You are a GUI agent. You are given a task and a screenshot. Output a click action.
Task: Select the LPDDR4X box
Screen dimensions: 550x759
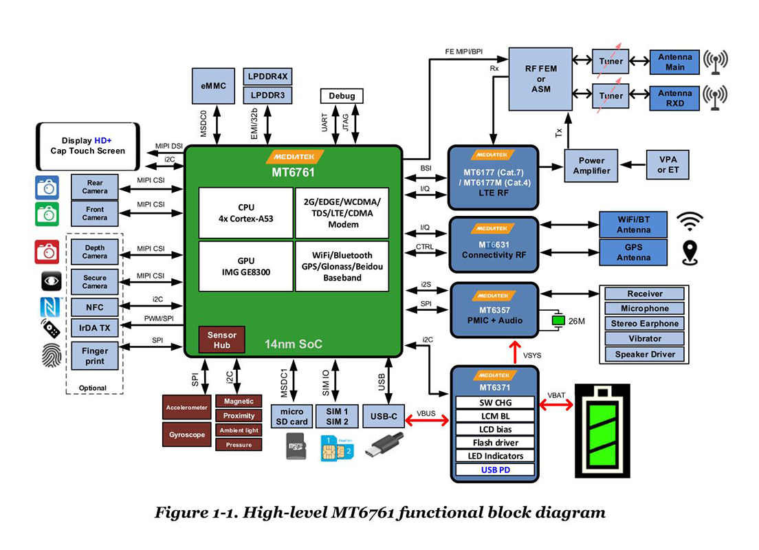(267, 76)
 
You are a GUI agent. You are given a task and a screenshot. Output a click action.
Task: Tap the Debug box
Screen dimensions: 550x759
(342, 96)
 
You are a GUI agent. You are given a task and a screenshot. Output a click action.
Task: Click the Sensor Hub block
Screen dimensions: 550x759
(221, 340)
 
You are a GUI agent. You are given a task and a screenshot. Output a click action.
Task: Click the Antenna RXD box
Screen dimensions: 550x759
(674, 98)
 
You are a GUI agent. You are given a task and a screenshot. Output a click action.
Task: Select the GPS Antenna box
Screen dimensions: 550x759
(633, 252)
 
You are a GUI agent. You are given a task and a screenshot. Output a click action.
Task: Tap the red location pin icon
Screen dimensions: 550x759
(690, 252)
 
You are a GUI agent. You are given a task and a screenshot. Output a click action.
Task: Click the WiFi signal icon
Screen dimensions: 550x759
(690, 221)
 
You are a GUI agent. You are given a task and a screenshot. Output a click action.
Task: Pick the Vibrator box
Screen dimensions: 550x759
(645, 339)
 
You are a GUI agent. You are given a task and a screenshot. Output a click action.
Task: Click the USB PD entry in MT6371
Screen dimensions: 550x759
(496, 470)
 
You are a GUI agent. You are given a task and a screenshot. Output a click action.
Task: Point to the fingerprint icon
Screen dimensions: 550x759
(47, 356)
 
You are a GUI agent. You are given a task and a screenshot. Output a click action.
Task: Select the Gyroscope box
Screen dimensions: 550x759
(188, 434)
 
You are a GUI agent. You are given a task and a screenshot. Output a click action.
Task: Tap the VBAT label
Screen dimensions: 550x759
(556, 395)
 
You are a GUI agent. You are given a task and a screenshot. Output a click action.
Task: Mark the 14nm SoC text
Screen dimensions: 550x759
(294, 344)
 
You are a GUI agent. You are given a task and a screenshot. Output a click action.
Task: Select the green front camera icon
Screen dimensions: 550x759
(47, 214)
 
